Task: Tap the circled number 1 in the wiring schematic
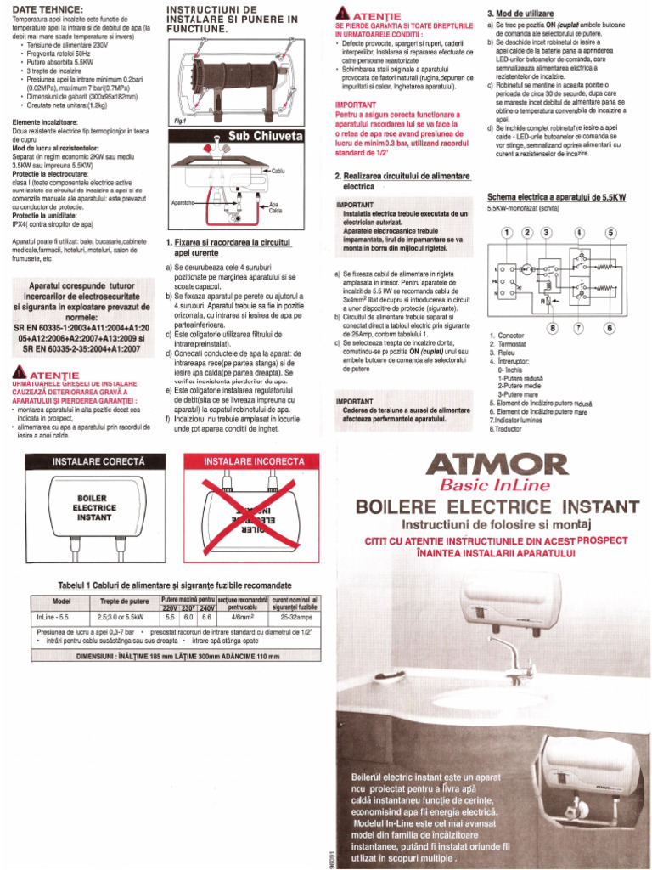pyautogui.click(x=507, y=233)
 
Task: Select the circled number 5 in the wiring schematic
pyautogui.click(x=610, y=233)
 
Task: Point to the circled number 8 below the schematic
pyautogui.click(x=553, y=327)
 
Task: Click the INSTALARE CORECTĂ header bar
pyautogui.click(x=99, y=460)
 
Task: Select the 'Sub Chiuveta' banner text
pyautogui.click(x=265, y=136)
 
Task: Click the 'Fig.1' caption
pyautogui.click(x=178, y=121)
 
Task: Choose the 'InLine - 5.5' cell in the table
pyautogui.click(x=59, y=617)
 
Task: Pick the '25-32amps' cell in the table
pyautogui.click(x=295, y=617)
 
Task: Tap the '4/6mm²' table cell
pyautogui.click(x=242, y=617)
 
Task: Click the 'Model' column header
pyautogui.click(x=61, y=602)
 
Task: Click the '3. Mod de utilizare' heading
pyautogui.click(x=520, y=14)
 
